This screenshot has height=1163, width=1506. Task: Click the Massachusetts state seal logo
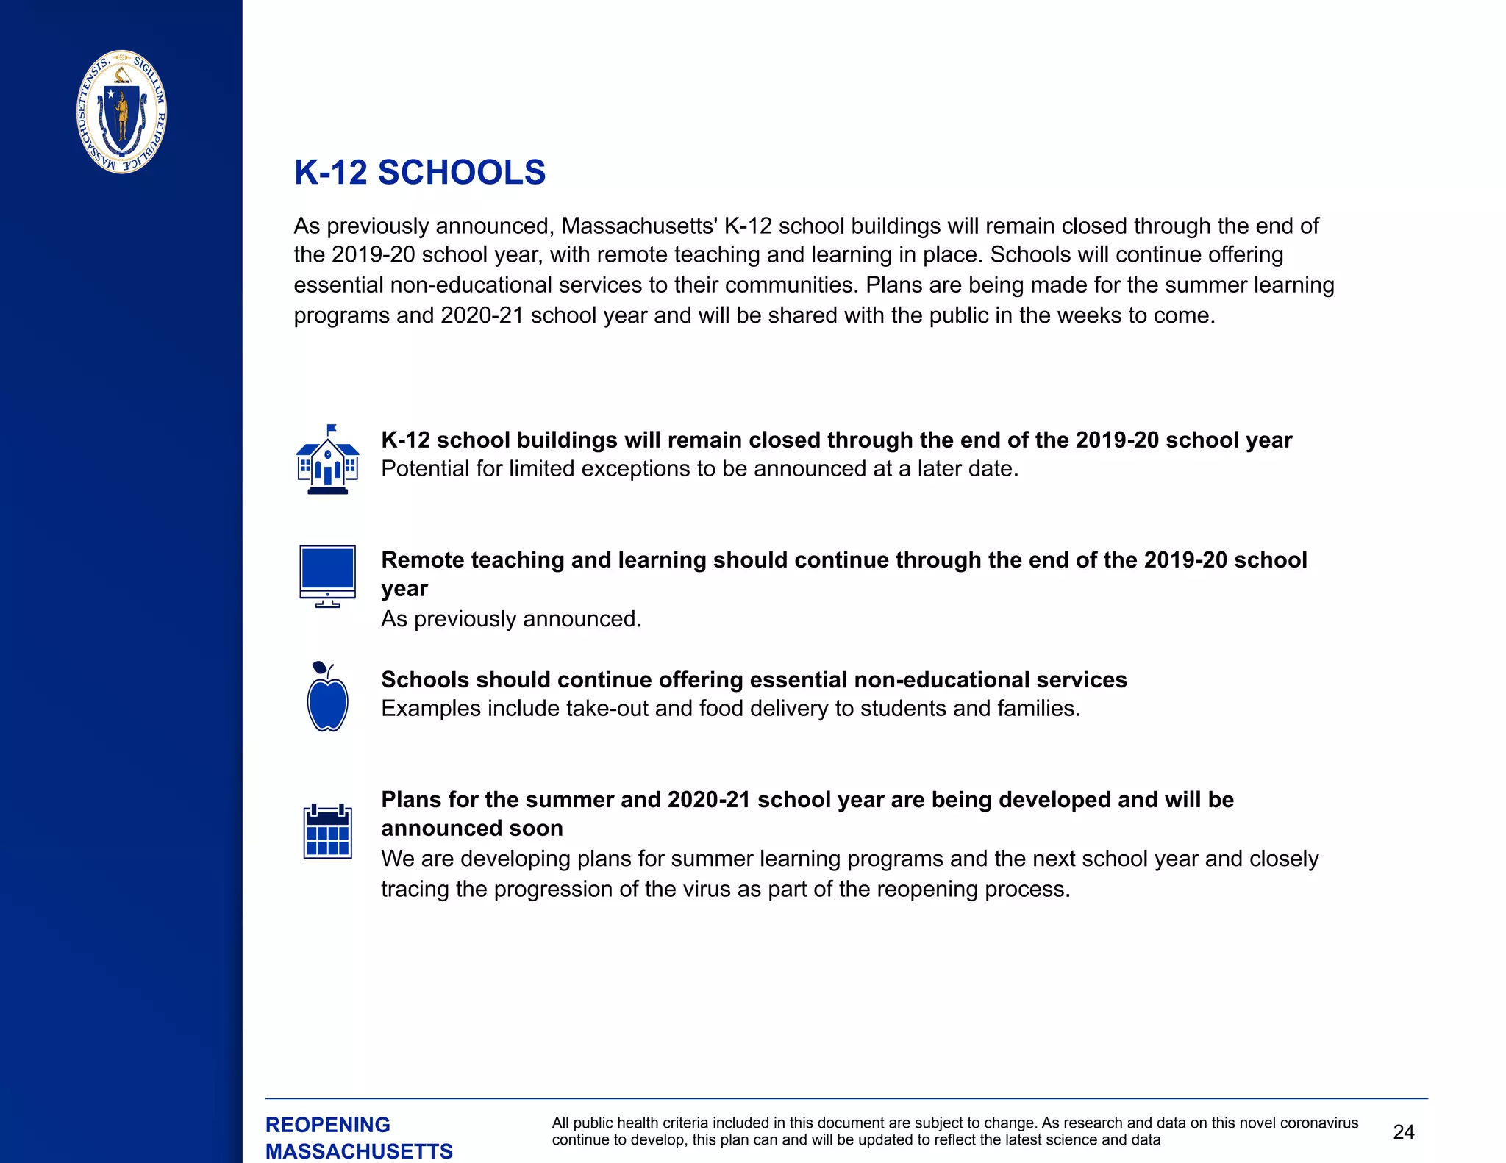point(122,112)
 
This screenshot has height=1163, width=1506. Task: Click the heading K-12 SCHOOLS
point(420,173)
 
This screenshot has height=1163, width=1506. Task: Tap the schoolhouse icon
point(327,462)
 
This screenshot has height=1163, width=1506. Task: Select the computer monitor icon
point(327,576)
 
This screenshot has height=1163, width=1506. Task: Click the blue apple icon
point(327,702)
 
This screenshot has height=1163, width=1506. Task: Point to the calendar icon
point(327,832)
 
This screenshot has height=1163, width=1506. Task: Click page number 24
point(1403,1131)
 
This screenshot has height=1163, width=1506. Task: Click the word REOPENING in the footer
point(328,1125)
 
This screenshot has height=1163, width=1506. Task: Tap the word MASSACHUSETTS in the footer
point(359,1151)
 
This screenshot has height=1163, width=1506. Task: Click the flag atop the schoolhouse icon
point(332,428)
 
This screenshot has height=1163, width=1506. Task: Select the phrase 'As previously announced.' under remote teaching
point(511,619)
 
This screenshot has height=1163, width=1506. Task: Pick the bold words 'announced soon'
point(471,829)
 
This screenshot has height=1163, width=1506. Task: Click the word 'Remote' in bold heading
point(422,560)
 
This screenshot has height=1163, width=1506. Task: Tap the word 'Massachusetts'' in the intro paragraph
point(639,226)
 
